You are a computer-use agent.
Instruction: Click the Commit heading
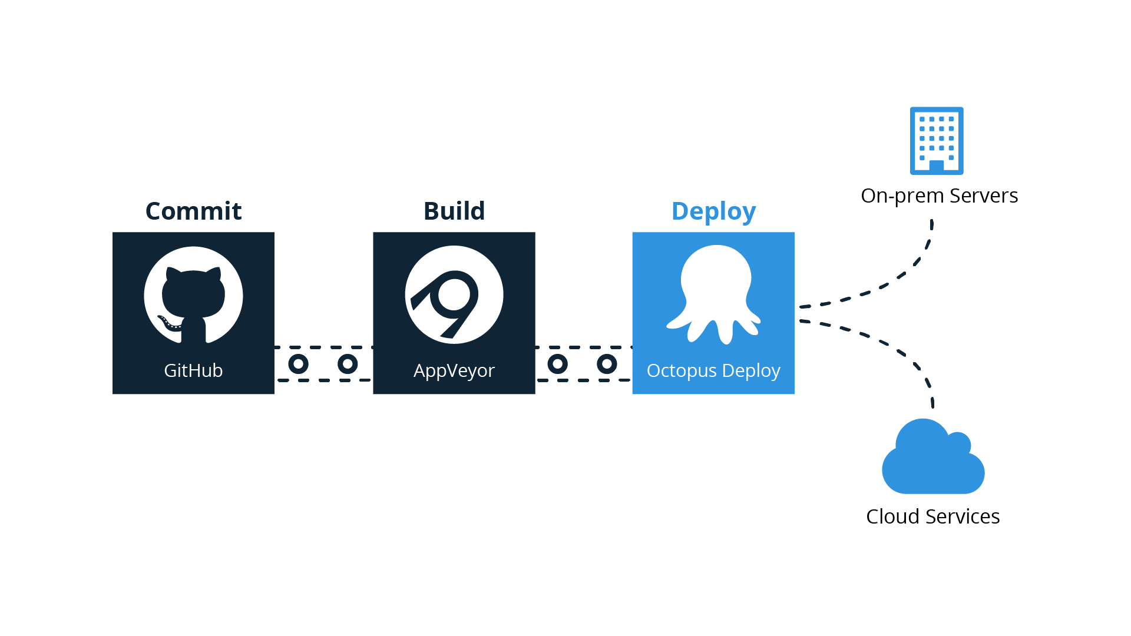[193, 211]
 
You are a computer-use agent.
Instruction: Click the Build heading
[454, 211]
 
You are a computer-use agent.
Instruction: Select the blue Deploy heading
[713, 211]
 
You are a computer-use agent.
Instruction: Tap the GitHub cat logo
[193, 295]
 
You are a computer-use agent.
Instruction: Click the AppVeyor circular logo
[454, 295]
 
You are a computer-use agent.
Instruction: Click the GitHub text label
[193, 370]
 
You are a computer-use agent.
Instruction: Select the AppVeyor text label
[454, 370]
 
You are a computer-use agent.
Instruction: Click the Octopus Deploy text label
[713, 370]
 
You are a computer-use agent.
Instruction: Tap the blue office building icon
[937, 140]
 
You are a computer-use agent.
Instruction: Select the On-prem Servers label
[940, 196]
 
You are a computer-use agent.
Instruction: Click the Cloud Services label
[933, 516]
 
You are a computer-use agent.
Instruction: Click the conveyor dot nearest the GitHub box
[298, 364]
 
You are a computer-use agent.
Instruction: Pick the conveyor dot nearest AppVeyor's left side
[348, 364]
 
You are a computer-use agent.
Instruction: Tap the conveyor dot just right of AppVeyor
[557, 364]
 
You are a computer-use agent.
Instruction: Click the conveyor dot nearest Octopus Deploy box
[607, 364]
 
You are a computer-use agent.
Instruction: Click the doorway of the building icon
[937, 165]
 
